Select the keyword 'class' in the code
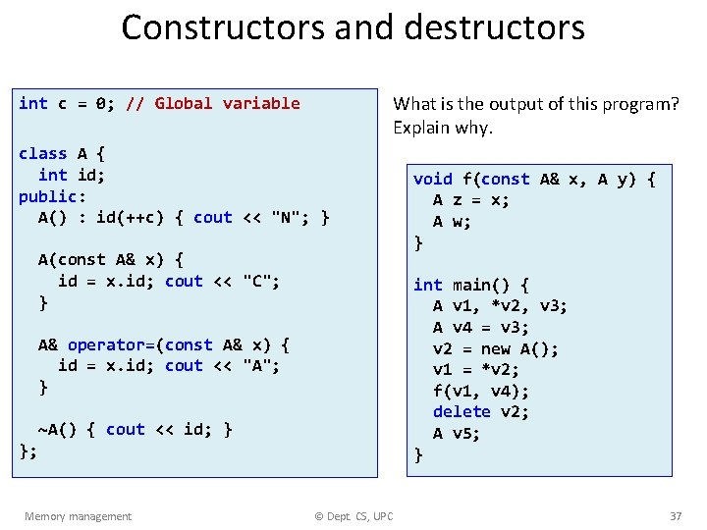coord(43,153)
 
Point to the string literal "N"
coord(286,217)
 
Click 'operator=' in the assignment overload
coord(111,344)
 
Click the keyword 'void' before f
coord(433,179)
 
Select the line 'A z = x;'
coord(471,200)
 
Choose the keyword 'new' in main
coord(497,348)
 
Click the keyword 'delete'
coord(462,411)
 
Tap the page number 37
coord(675,516)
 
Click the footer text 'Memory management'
coord(78,516)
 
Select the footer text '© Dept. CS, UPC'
coord(353,516)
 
